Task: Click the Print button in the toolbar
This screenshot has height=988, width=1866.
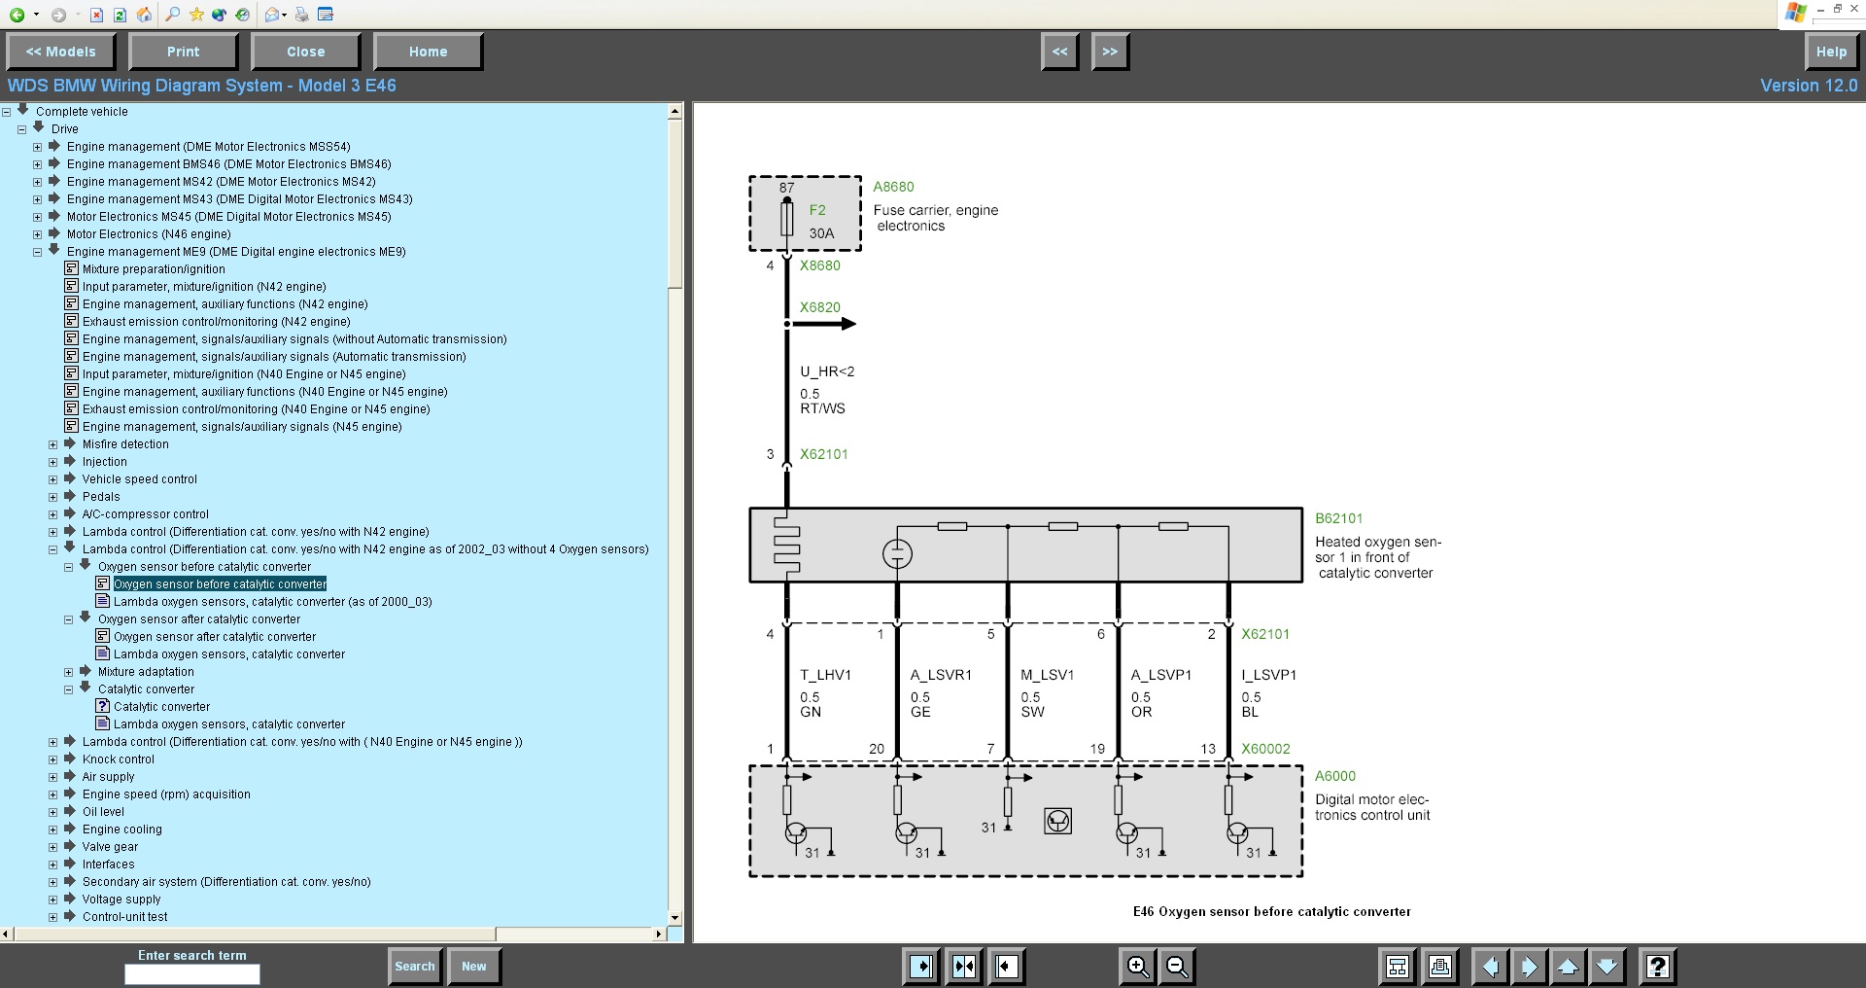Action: click(x=183, y=52)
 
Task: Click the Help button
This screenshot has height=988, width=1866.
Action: click(x=1831, y=52)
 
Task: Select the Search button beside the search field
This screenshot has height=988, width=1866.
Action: click(x=414, y=966)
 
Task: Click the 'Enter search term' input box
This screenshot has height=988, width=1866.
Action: click(x=192, y=974)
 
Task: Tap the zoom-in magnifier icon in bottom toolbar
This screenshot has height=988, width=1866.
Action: click(x=1137, y=966)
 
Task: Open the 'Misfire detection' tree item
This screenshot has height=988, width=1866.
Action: click(x=125, y=444)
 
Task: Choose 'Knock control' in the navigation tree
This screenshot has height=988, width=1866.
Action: click(x=118, y=759)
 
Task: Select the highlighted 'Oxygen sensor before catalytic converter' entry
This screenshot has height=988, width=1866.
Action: click(x=220, y=584)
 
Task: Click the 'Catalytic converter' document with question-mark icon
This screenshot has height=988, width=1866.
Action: click(x=161, y=707)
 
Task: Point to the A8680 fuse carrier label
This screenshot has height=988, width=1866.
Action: click(x=893, y=187)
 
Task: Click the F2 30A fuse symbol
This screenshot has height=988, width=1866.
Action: click(x=786, y=218)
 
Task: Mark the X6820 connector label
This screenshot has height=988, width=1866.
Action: click(x=820, y=307)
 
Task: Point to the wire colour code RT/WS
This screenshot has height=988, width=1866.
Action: click(x=822, y=408)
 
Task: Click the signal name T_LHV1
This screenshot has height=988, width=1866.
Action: click(x=825, y=675)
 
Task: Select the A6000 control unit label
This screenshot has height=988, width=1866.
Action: click(x=1335, y=776)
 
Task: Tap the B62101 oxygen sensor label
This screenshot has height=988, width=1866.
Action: click(x=1339, y=518)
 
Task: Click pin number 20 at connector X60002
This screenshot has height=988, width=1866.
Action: click(x=877, y=749)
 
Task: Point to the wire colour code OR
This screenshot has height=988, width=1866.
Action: click(x=1141, y=712)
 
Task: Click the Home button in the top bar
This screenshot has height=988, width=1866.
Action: click(x=428, y=52)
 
